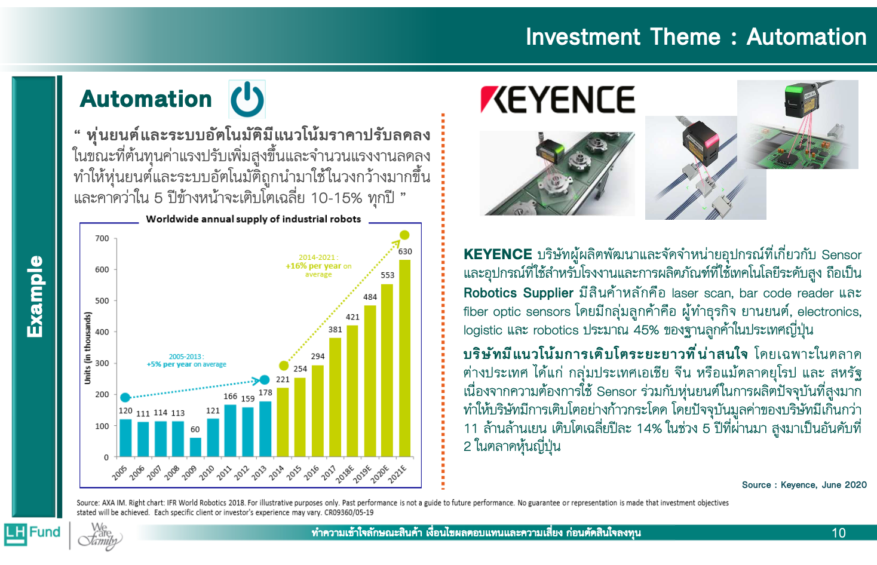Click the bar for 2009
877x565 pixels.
pyautogui.click(x=195, y=447)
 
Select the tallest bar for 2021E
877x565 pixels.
pyautogui.click(x=404, y=358)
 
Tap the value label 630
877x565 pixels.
pyautogui.click(x=405, y=251)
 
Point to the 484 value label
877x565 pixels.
pyautogui.click(x=370, y=297)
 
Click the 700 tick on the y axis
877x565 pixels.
pyautogui.click(x=102, y=238)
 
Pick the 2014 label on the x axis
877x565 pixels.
pyautogui.click(x=277, y=473)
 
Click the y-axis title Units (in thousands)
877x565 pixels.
pyautogui.click(x=87, y=348)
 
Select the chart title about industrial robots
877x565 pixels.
pyautogui.click(x=253, y=219)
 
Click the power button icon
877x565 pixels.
pyautogui.click(x=247, y=99)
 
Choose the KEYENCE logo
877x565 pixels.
pyautogui.click(x=557, y=100)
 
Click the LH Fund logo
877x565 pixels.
pyautogui.click(x=32, y=534)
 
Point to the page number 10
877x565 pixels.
pyautogui.click(x=839, y=533)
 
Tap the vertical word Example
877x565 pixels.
pyautogui.click(x=35, y=296)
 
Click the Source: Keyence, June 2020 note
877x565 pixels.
pyautogui.click(x=804, y=485)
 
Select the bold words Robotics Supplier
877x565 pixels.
pyautogui.click(x=519, y=293)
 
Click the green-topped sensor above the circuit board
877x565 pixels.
pyautogui.click(x=800, y=102)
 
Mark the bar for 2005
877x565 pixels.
pyautogui.click(x=125, y=438)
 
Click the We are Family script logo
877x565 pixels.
pyautogui.click(x=100, y=536)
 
